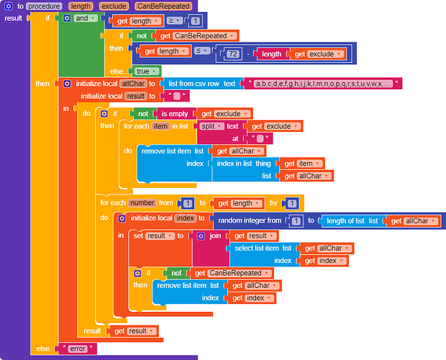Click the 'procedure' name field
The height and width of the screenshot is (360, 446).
click(44, 6)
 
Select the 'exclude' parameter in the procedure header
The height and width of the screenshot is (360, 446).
click(114, 6)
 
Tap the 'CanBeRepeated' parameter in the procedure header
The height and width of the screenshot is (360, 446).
click(163, 6)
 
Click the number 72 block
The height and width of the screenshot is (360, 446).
click(233, 54)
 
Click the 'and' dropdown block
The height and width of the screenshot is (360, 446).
click(85, 19)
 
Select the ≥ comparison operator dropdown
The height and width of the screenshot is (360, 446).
click(174, 21)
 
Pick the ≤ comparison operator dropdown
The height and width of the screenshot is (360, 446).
click(202, 51)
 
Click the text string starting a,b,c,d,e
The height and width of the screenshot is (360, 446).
click(323, 84)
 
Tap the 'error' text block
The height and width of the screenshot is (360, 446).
click(78, 349)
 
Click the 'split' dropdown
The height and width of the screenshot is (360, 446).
click(211, 126)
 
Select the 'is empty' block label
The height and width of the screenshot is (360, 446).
click(175, 114)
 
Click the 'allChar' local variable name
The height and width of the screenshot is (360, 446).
click(133, 84)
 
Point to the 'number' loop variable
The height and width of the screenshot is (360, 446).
click(142, 203)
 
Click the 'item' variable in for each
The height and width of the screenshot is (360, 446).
click(160, 126)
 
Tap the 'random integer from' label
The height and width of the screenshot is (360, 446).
click(250, 221)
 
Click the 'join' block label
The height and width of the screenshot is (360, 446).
click(215, 236)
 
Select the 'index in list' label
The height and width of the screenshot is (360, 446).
click(235, 163)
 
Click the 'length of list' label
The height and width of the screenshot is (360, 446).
click(345, 221)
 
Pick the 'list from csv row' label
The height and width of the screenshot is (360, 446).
click(194, 84)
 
